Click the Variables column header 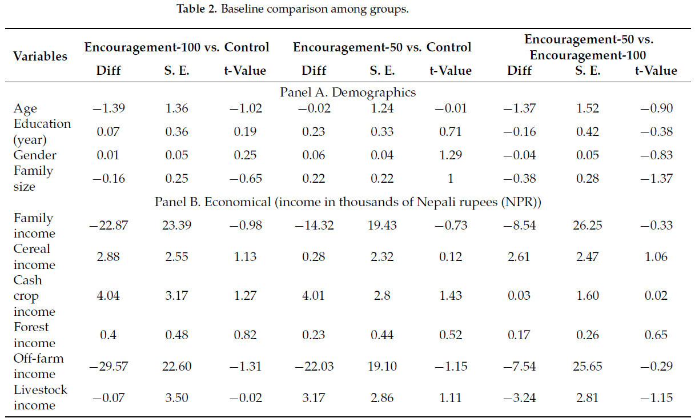(40, 56)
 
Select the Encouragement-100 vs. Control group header (176, 47)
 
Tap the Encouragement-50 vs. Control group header (382, 47)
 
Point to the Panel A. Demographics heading (347, 92)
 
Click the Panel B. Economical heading (347, 202)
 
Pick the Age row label (25, 108)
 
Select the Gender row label (35, 155)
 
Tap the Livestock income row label (40, 397)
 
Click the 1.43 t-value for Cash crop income (450, 296)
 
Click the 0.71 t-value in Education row (450, 131)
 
